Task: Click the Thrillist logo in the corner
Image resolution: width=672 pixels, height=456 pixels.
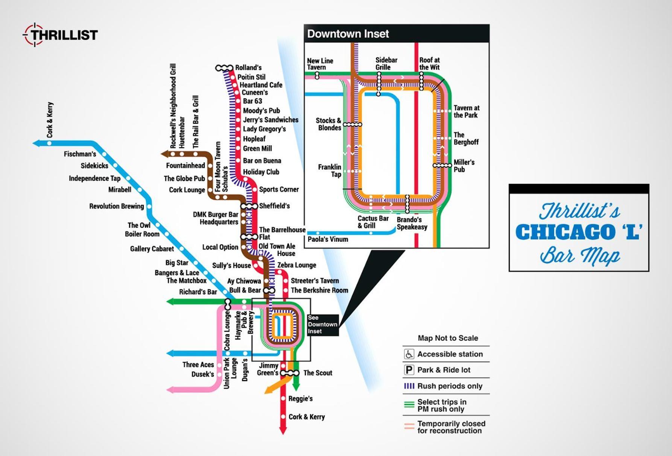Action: click(60, 35)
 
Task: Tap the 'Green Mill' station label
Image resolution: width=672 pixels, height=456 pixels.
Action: click(257, 149)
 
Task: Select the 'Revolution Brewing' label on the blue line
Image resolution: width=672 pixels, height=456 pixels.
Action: click(117, 206)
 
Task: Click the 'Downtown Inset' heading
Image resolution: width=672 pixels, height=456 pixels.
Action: click(348, 34)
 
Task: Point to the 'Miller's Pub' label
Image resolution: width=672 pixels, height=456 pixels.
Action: click(464, 166)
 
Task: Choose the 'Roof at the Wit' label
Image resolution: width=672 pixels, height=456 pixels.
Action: click(429, 64)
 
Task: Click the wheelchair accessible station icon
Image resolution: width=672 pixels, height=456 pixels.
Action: click(409, 354)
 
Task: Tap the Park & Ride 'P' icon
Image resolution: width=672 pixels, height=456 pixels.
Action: click(409, 370)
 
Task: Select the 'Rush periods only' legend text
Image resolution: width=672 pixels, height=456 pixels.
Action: click(450, 386)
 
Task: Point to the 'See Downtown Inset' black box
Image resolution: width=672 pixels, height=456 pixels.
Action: click(322, 325)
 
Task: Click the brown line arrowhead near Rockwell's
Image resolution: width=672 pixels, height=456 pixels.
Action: click(164, 154)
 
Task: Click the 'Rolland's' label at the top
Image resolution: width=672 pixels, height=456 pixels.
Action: click(248, 68)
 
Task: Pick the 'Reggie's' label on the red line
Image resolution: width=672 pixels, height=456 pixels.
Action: click(300, 398)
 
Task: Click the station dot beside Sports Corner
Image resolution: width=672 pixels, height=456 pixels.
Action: click(255, 189)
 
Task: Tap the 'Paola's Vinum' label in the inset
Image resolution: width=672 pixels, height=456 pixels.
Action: click(328, 239)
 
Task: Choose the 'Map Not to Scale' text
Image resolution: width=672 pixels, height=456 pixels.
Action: click(448, 338)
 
